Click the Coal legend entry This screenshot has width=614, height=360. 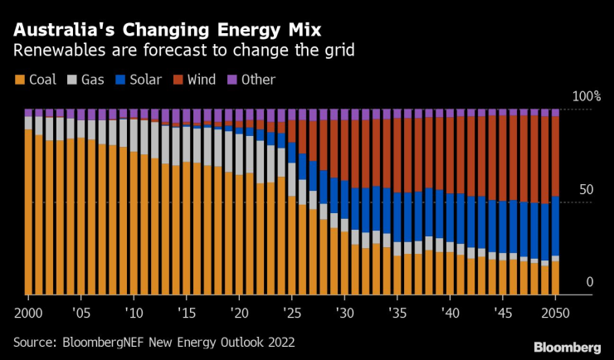click(37, 80)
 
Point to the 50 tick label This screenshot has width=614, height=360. click(586, 190)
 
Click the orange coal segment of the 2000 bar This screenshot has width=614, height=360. click(28, 212)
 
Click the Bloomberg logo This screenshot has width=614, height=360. click(567, 347)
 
